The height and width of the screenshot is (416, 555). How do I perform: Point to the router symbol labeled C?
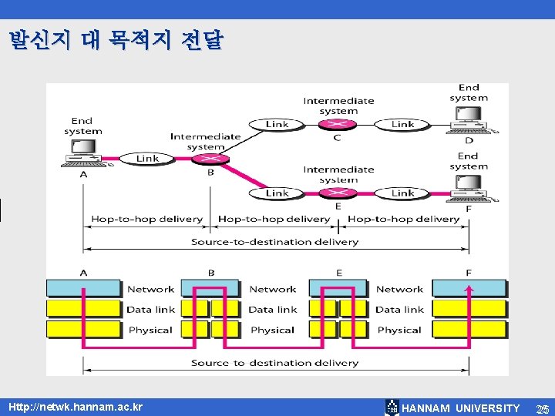337,124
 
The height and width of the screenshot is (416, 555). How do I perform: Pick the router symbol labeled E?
337,193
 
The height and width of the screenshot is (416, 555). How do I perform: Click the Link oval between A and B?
147,159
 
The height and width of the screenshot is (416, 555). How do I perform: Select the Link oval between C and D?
402,124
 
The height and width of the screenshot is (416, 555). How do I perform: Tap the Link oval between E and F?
402,193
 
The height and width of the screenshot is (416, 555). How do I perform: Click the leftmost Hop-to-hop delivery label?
146,219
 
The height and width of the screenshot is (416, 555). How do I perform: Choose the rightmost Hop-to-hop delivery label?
403,219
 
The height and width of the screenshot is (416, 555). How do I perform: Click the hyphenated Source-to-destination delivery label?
274,241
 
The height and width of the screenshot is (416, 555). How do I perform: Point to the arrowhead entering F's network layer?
469,288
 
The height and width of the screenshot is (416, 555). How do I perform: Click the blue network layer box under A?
84,289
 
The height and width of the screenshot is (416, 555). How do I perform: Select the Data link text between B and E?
272,310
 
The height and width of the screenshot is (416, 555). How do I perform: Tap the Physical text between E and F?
399,330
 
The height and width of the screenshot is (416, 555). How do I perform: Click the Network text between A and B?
150,289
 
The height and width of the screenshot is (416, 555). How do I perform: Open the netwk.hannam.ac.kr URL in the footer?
76,406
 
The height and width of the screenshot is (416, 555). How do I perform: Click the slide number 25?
542,408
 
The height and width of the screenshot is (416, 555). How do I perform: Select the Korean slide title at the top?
116,40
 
